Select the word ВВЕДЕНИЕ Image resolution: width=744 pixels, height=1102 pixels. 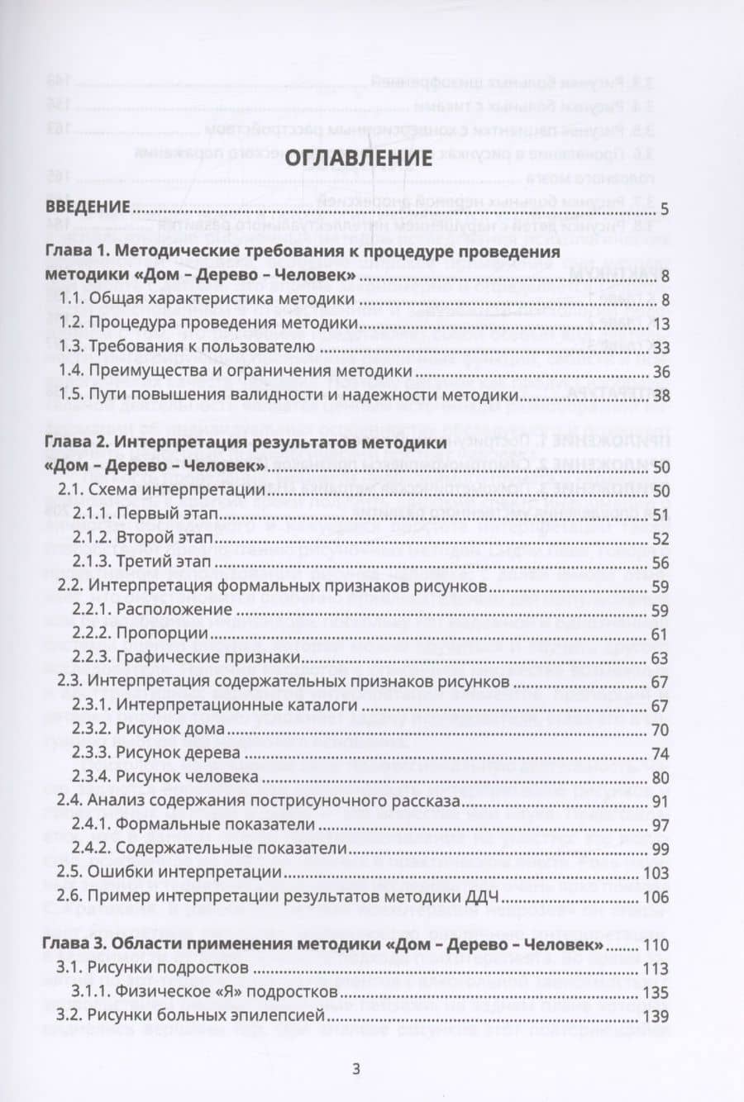(88, 207)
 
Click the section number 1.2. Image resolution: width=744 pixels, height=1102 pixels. (70, 323)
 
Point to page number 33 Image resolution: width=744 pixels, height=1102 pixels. (660, 347)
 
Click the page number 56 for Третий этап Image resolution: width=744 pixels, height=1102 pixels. (660, 562)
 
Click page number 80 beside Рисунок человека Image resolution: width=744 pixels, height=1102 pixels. (660, 777)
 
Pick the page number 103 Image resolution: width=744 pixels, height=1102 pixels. (656, 872)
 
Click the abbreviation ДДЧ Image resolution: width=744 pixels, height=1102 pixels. (613, 897)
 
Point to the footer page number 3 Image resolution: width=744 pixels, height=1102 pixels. (356, 1068)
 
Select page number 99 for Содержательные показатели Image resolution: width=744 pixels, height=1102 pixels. (660, 848)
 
